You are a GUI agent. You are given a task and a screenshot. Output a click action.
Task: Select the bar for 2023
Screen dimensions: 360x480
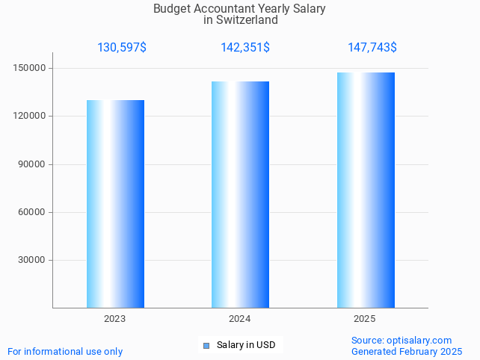[x=115, y=204]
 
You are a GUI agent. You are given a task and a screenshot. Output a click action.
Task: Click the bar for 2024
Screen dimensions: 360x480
[x=240, y=194]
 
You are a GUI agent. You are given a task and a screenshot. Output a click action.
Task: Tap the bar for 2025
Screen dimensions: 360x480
[x=366, y=190]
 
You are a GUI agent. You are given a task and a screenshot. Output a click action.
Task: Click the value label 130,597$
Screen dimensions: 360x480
[x=122, y=48]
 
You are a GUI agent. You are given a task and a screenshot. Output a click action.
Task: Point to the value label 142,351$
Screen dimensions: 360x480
[x=245, y=48]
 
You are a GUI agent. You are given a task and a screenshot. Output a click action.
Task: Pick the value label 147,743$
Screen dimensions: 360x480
[x=372, y=48]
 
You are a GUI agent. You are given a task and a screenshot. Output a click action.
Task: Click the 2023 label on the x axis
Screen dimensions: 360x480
[x=114, y=319]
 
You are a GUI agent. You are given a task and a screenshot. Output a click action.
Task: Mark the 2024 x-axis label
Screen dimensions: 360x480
[x=239, y=319]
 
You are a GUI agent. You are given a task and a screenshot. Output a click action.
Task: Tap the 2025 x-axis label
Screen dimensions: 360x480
[x=364, y=319]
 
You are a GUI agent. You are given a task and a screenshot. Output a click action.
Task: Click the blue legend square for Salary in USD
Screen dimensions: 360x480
[x=206, y=345]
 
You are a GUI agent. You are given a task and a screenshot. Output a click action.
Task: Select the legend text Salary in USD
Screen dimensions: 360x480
[x=246, y=345]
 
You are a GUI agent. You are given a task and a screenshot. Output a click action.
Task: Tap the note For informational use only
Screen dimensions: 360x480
[x=65, y=351]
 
